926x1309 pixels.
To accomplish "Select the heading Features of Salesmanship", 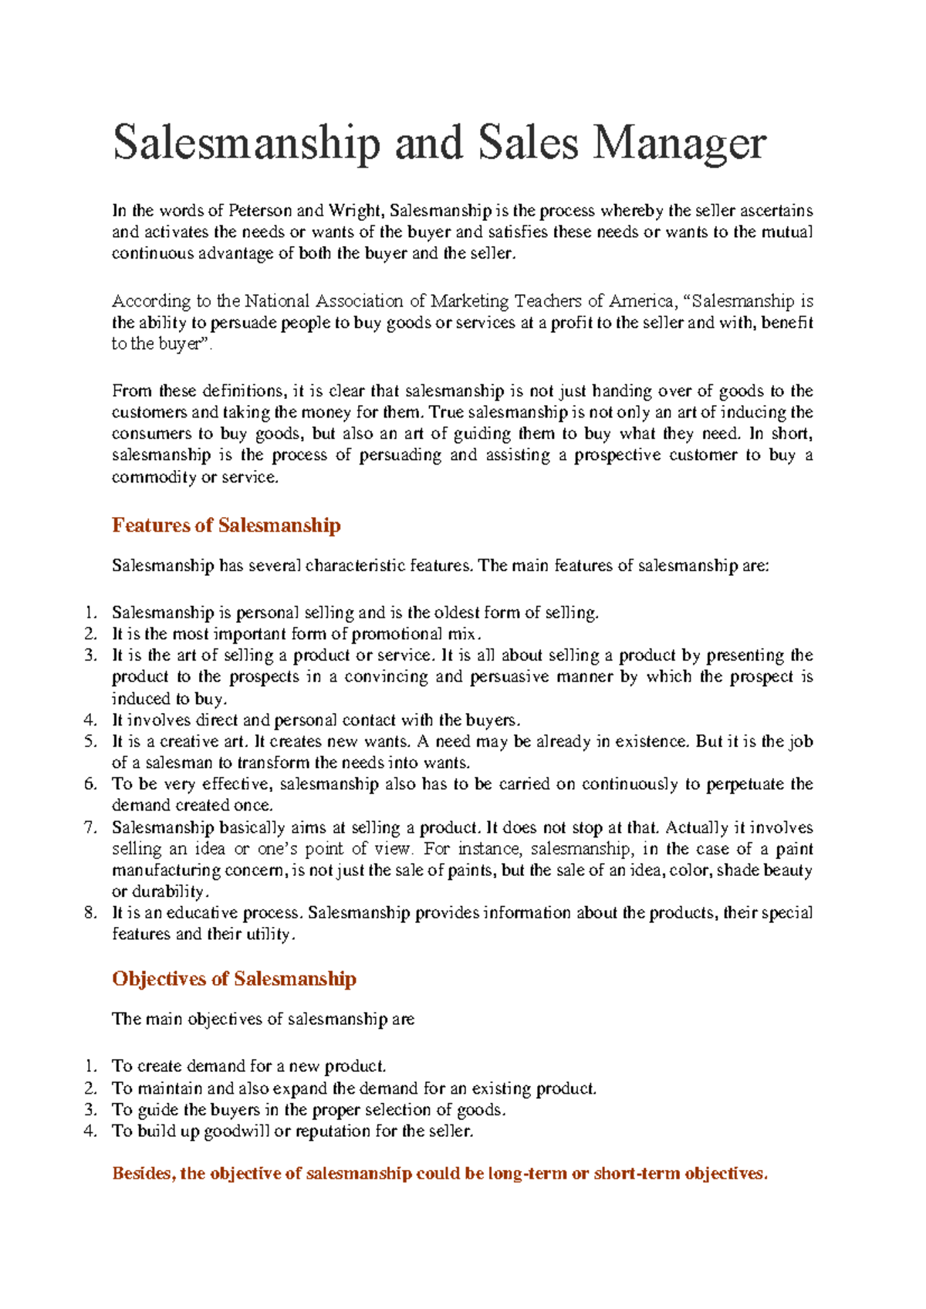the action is click(226, 526).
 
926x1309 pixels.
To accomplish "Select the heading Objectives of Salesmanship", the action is click(234, 979).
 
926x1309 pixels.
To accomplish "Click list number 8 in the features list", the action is click(90, 912).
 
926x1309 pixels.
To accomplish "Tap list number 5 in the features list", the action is click(90, 741).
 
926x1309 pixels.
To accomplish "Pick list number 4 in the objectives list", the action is click(90, 1131).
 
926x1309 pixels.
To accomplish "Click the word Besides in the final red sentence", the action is click(144, 1174).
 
